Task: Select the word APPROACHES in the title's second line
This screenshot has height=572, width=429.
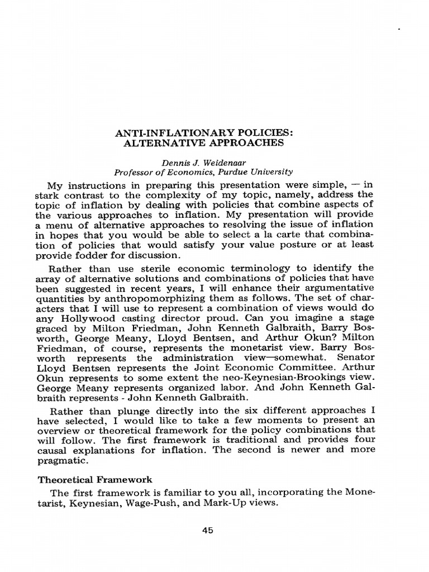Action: click(x=251, y=142)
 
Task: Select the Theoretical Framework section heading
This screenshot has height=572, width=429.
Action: click(x=94, y=479)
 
